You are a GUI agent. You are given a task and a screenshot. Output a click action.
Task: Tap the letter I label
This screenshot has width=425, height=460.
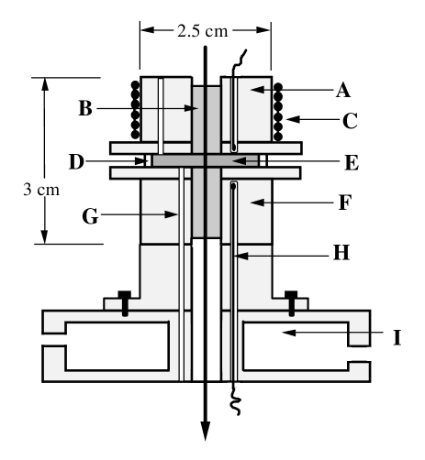396,337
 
